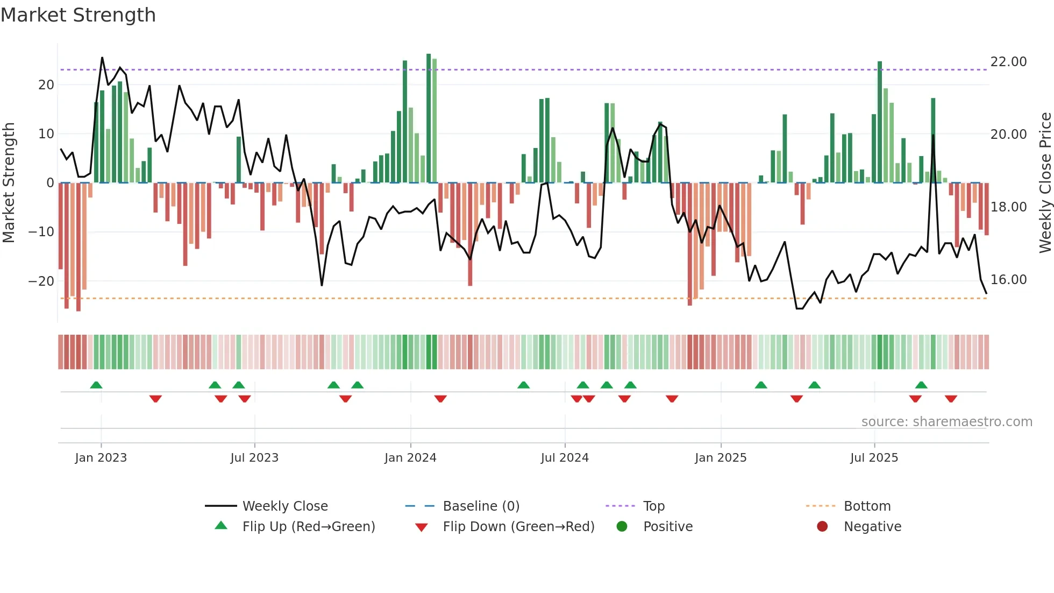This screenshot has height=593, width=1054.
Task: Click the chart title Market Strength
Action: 78,15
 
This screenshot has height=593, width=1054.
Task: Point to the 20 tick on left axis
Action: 46,84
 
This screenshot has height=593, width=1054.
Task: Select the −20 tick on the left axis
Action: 41,281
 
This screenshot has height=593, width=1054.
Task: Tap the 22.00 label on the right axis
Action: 1008,62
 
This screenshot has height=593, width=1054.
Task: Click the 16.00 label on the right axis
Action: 1008,280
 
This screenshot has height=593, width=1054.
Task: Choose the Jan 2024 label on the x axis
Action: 410,458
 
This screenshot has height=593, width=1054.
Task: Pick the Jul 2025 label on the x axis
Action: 874,458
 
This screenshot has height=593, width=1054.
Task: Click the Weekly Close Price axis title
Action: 1045,183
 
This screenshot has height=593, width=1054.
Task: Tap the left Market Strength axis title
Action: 9,183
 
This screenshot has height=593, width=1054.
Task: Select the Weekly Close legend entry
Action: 284,506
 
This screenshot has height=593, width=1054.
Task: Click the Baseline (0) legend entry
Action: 481,506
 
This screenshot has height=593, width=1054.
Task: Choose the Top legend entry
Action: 653,506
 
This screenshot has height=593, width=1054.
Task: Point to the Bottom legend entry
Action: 867,506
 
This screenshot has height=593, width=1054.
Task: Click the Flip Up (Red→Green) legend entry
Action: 308,527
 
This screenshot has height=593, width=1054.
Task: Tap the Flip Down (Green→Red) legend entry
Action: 518,527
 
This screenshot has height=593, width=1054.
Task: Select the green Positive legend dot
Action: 622,527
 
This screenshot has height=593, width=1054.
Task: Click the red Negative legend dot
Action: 822,527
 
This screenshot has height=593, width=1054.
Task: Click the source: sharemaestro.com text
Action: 946,422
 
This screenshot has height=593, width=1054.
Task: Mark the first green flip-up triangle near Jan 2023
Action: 96,385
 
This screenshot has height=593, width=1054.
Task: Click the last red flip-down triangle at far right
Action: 951,399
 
